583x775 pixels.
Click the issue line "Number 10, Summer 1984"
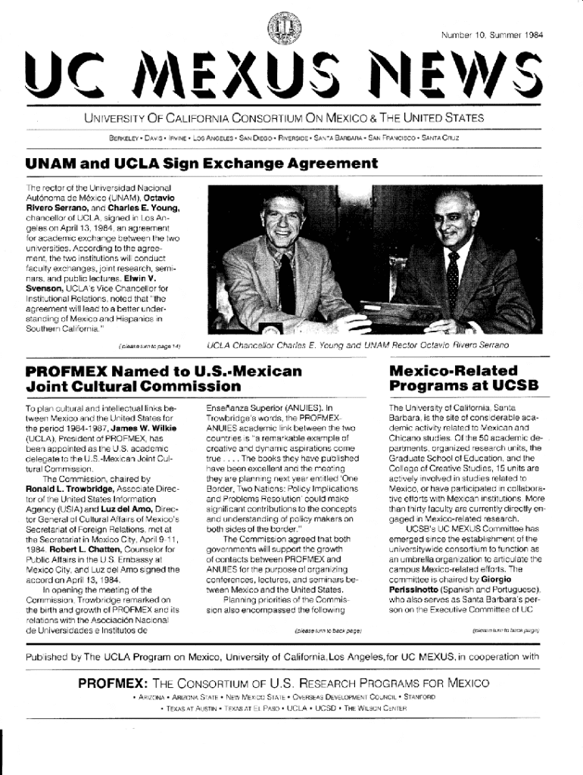pos(491,34)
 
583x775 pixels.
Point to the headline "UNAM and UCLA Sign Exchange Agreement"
pos(201,164)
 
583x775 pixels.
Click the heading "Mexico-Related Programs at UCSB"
pos(463,378)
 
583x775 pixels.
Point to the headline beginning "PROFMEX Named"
pos(164,378)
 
